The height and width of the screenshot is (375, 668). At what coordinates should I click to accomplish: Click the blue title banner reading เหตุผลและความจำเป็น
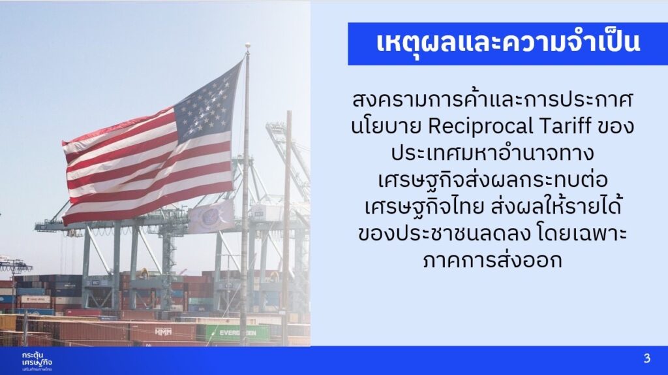pyautogui.click(x=508, y=44)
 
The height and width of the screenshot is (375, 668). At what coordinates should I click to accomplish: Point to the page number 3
pyautogui.click(x=647, y=359)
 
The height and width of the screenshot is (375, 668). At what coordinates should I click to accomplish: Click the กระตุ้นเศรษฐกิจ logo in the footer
pyautogui.click(x=37, y=361)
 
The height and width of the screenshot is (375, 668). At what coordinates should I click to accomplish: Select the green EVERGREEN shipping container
pyautogui.click(x=234, y=333)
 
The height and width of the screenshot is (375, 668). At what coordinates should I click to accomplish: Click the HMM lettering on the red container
pyautogui.click(x=163, y=332)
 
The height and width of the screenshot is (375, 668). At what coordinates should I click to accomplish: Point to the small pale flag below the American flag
pyautogui.click(x=211, y=216)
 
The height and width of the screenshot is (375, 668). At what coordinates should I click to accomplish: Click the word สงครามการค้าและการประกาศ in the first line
pyautogui.click(x=493, y=100)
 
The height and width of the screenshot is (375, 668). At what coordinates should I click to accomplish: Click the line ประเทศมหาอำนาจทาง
pyautogui.click(x=493, y=153)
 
